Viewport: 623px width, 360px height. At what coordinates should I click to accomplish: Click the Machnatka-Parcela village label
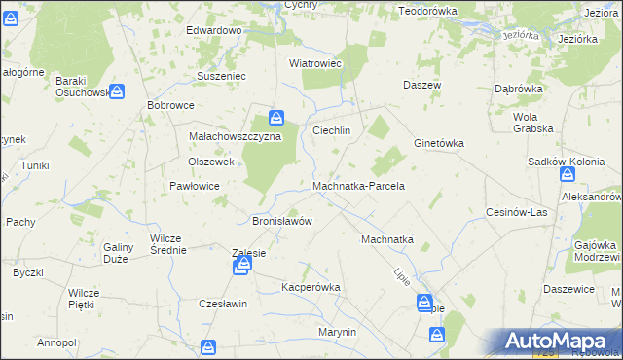[358, 186]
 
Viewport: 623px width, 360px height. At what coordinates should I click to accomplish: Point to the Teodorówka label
[427, 10]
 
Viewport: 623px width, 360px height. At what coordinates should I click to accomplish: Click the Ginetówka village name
[438, 142]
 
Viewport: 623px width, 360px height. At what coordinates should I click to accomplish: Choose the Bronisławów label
[282, 221]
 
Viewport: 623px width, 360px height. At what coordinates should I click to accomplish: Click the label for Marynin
[338, 332]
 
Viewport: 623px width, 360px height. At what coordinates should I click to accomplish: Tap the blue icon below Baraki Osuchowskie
[117, 92]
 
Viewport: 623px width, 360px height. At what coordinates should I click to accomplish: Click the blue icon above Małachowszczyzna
[277, 120]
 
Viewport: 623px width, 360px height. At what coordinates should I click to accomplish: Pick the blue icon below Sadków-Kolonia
[568, 175]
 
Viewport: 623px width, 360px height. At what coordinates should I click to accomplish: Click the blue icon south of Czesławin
[208, 347]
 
